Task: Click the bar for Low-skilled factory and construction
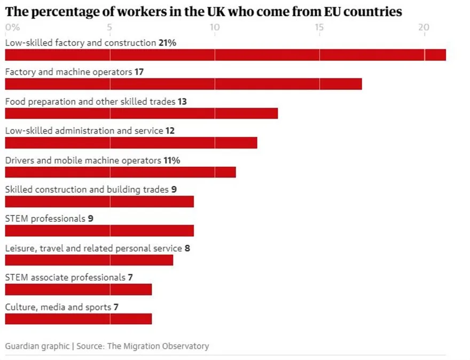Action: pos(225,54)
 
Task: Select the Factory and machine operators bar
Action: pos(183,84)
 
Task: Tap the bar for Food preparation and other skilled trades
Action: pos(141,113)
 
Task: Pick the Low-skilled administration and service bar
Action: pos(131,143)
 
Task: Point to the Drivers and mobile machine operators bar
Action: pos(120,172)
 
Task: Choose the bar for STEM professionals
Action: pos(99,231)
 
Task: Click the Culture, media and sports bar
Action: pos(79,319)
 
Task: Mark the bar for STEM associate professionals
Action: pos(79,289)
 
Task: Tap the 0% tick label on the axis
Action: pos(12,27)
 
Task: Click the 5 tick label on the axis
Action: pos(109,27)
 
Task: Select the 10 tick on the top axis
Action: pos(214,27)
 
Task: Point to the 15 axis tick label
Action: pos(319,27)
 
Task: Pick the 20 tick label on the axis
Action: pos(424,27)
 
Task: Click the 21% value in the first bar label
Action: pos(167,43)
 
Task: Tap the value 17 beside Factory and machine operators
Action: pos(139,72)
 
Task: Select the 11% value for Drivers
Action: pos(172,160)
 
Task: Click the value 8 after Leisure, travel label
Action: pos(187,248)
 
